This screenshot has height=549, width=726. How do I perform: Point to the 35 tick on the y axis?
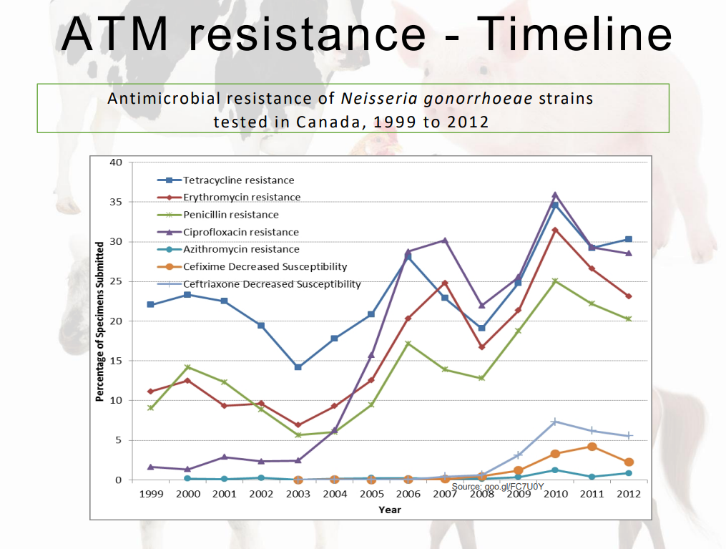pyautogui.click(x=116, y=203)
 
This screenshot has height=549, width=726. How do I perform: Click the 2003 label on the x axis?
pyautogui.click(x=298, y=494)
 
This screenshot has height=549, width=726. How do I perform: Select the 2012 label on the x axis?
pyautogui.click(x=628, y=494)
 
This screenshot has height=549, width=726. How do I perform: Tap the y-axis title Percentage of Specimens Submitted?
pyautogui.click(x=100, y=321)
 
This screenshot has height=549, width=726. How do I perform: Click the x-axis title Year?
pyautogui.click(x=390, y=510)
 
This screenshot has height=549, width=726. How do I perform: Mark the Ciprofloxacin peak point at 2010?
pyautogui.click(x=554, y=195)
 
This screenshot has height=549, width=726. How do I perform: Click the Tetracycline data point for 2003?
pyautogui.click(x=298, y=367)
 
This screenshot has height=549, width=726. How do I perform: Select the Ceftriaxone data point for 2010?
pyautogui.click(x=554, y=422)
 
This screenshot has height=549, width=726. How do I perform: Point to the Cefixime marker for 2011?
pyautogui.click(x=592, y=447)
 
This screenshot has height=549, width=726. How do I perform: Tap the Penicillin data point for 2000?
pyautogui.click(x=187, y=367)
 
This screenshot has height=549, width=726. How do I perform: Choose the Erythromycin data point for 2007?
pyautogui.click(x=444, y=283)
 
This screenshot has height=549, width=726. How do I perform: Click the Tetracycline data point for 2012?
pyautogui.click(x=628, y=239)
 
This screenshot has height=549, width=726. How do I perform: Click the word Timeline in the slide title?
pyautogui.click(x=574, y=34)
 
